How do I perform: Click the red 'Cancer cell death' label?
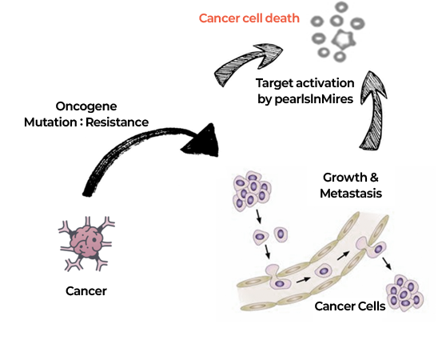(249, 18)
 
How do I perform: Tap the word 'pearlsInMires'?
(314, 99)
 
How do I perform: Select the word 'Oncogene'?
(86, 106)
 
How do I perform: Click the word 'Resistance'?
(117, 122)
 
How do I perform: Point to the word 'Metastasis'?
(351, 194)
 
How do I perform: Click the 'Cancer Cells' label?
(350, 306)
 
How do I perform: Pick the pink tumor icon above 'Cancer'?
(86, 243)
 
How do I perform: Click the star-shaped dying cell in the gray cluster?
(344, 39)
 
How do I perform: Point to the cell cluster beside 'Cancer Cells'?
(404, 293)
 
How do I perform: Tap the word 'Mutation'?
(50, 122)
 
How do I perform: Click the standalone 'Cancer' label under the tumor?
(86, 291)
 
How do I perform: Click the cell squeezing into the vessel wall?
(277, 278)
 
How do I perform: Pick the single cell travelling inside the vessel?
(324, 270)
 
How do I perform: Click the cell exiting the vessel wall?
(372, 247)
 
